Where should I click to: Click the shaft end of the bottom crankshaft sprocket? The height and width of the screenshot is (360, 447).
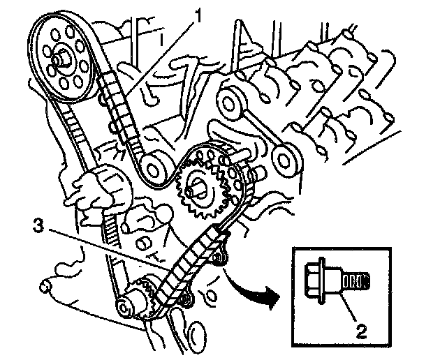point(127,306)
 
